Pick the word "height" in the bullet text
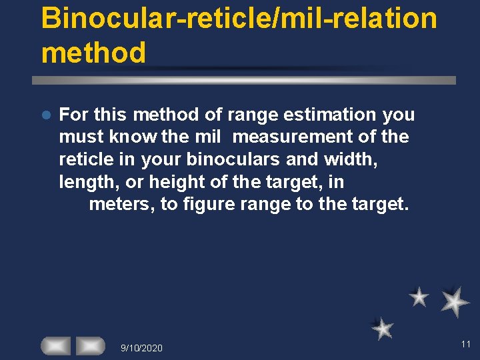click(x=175, y=181)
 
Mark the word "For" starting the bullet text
click(x=73, y=115)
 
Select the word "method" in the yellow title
click(x=93, y=53)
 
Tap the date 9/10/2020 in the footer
click(x=141, y=347)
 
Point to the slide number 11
click(x=465, y=344)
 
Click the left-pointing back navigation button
click(x=55, y=345)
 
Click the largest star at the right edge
click(x=455, y=301)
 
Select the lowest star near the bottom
click(x=383, y=328)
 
